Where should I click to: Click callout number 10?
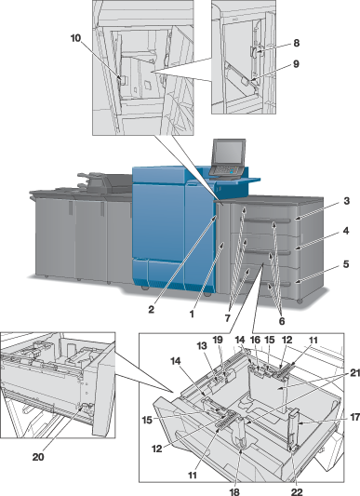tap(75, 38)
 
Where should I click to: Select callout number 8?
tap(297, 43)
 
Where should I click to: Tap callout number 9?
tap(296, 64)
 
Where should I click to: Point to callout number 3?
tap(347, 201)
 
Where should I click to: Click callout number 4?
tap(346, 231)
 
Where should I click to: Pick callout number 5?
tap(346, 264)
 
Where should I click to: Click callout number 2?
tap(152, 309)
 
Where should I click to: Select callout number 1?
tap(192, 315)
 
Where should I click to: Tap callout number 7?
tap(228, 318)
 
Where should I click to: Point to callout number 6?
tap(282, 321)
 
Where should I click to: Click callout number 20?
tap(38, 457)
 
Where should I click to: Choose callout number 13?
tap(202, 346)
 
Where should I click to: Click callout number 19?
tap(218, 340)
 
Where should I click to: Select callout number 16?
tap(255, 340)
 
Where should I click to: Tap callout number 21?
tap(354, 373)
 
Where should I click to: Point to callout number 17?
tap(355, 418)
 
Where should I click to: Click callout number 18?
tap(234, 491)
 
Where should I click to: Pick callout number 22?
tap(297, 491)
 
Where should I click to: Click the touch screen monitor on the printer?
tap(230, 153)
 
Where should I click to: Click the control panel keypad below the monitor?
tap(226, 170)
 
